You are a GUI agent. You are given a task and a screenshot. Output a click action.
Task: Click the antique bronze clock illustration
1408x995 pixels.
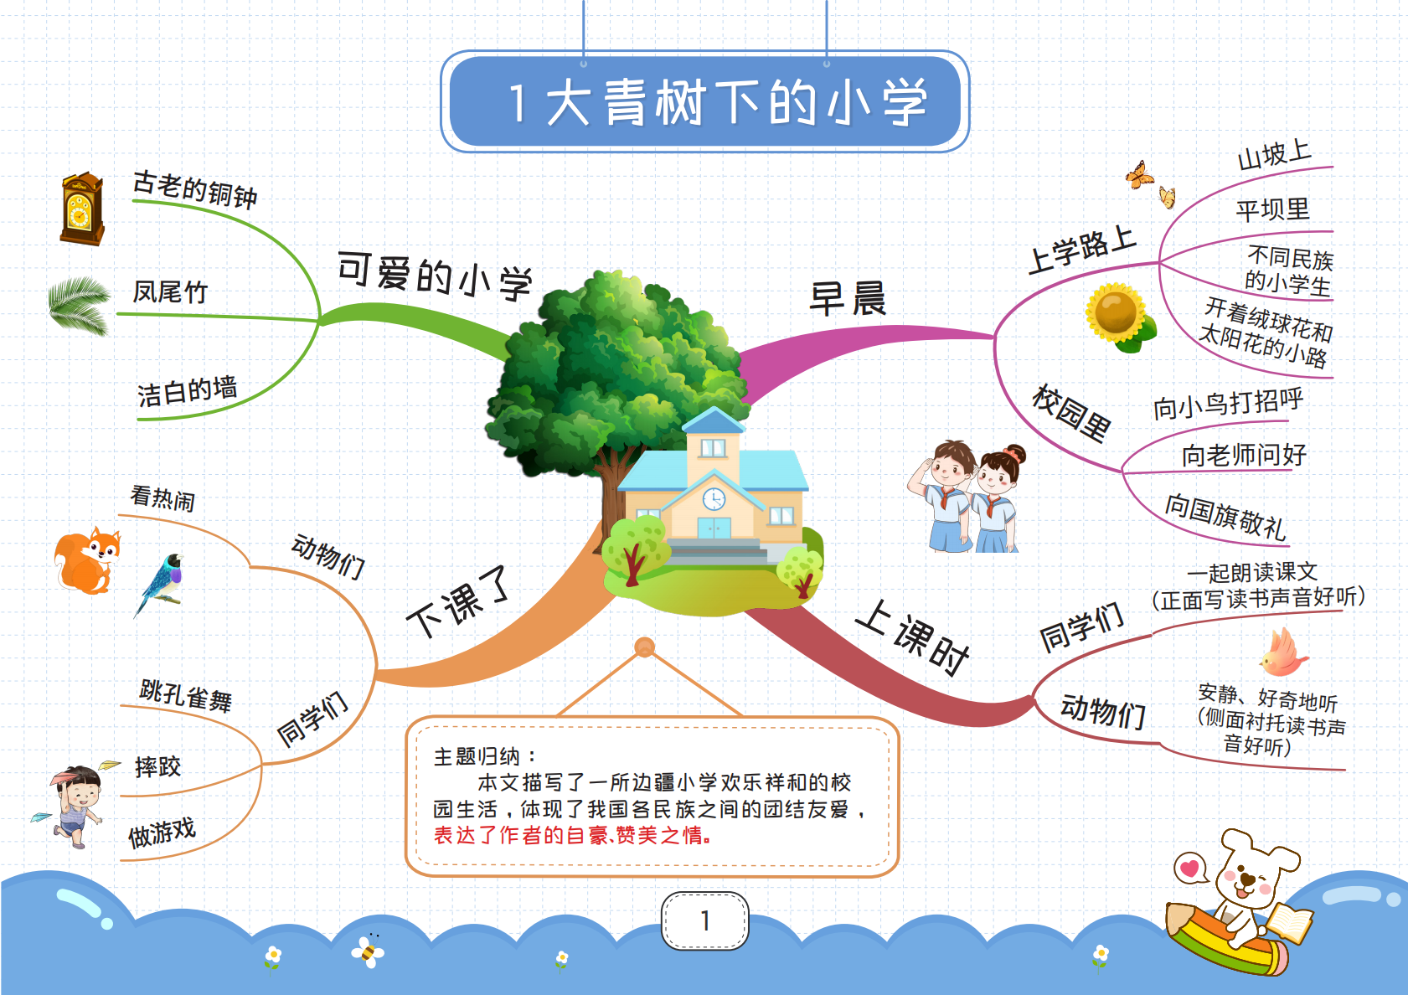pos(82,209)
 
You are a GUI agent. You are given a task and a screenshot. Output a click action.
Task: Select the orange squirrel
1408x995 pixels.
pos(87,560)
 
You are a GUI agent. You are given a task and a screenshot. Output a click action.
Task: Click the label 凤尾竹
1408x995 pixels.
pos(170,292)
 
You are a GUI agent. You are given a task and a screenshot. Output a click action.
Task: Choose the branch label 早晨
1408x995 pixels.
pos(848,298)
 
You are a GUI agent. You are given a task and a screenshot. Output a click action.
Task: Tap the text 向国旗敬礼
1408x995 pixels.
pos(1225,517)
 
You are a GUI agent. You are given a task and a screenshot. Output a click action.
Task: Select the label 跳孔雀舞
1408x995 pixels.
pos(185,696)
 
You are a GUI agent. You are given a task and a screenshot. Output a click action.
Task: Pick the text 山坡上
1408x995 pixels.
pos(1274,155)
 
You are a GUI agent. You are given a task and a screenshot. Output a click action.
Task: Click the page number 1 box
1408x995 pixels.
pos(704,920)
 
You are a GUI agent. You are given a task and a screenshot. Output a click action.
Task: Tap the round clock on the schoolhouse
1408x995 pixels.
pos(714,499)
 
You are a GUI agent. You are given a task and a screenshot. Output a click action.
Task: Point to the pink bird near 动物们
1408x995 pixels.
pos(1283,652)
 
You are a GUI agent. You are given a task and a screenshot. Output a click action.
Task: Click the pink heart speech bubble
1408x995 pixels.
pos(1190,869)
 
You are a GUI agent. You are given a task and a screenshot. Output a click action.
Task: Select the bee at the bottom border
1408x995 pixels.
pos(368,951)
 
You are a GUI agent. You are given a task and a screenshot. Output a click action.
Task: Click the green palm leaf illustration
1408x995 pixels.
pos(80,305)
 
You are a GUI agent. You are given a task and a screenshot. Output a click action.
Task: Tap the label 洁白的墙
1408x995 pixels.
pos(187,391)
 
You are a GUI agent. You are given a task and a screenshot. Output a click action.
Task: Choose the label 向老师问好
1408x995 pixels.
pos(1244,455)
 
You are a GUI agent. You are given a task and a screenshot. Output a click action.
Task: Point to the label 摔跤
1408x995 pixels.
pos(157,767)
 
